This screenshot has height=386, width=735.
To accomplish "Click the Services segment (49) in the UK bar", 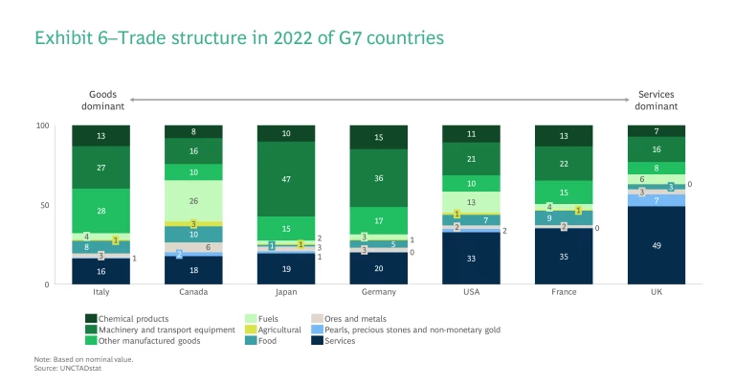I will click(x=657, y=245).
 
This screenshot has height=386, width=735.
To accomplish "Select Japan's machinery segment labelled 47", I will click(x=286, y=178).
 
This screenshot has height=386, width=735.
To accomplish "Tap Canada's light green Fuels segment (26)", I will click(x=193, y=201).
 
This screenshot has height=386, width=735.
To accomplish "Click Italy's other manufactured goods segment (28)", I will click(x=100, y=210).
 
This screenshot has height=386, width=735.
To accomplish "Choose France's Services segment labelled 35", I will click(x=564, y=257).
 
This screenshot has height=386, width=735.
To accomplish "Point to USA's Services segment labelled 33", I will click(x=471, y=258).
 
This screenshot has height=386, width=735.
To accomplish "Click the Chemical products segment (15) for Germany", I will click(x=378, y=137).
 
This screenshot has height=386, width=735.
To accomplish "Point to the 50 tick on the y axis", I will click(x=44, y=205).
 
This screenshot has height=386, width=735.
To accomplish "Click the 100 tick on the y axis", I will click(x=42, y=125).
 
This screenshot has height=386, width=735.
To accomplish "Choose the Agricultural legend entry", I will click(x=273, y=329).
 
